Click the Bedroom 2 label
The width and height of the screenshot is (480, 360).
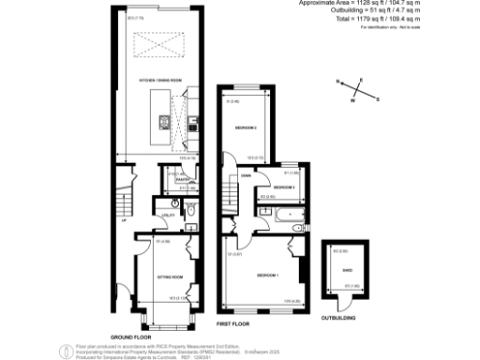pyautogui.click(x=247, y=126)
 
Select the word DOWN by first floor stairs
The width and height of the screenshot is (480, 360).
pyautogui.click(x=244, y=175)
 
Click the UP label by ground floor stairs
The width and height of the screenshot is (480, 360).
pyautogui.click(x=123, y=222)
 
